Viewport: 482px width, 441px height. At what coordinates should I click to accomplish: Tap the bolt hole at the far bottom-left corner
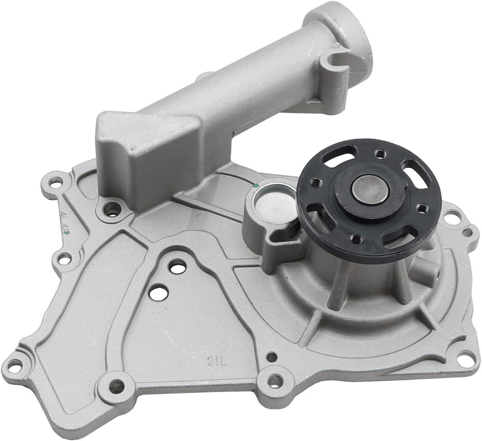tap(14, 365)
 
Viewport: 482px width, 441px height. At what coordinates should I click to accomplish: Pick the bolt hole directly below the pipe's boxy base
tap(112, 209)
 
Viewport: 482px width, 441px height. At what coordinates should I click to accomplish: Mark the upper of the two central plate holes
tap(177, 267)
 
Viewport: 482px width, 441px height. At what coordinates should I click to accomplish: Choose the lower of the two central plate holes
tap(158, 292)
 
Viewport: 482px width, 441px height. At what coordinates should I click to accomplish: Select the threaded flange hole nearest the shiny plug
tap(316, 182)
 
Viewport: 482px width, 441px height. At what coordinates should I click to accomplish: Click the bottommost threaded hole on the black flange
tap(357, 239)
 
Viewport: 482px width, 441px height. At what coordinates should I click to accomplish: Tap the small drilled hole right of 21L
tap(272, 357)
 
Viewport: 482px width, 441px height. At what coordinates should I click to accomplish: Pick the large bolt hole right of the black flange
tap(453, 218)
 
